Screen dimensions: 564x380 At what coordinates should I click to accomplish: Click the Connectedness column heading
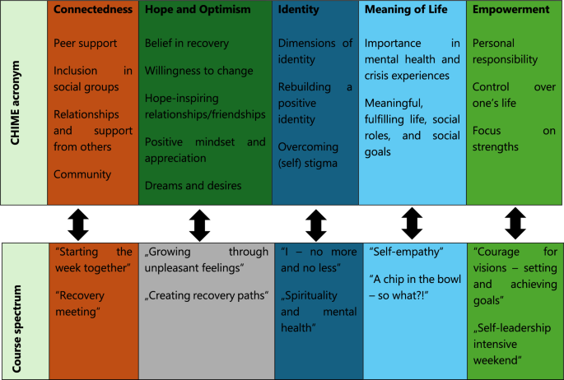point(93,9)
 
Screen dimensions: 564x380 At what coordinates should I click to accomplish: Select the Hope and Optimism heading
point(198,10)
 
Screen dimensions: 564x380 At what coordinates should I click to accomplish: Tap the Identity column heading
point(298,10)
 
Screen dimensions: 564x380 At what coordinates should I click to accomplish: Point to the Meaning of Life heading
point(406,9)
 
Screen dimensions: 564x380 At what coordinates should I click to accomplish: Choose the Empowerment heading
point(510,10)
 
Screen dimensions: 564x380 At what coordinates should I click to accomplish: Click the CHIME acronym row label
point(15,103)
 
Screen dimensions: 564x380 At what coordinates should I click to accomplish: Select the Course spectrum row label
point(16,329)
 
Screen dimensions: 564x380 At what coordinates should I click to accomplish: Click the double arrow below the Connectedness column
point(78,225)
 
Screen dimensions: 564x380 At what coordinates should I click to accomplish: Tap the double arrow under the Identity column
point(316,225)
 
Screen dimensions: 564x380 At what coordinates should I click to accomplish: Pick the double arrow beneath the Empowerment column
point(515,224)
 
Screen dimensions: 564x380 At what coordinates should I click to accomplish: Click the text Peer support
point(86,44)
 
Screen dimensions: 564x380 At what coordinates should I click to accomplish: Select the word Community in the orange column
point(82,174)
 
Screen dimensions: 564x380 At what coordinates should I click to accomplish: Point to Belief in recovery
point(187,43)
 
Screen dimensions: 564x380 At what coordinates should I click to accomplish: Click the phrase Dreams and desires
point(193,185)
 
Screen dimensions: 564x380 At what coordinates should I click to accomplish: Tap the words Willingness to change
point(199,71)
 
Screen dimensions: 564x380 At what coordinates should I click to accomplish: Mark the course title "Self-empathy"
point(407,252)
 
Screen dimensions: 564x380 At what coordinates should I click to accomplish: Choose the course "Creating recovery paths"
point(207,295)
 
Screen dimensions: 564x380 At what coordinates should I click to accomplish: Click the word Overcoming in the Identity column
point(308,147)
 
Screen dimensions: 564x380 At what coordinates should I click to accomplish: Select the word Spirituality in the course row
point(310,295)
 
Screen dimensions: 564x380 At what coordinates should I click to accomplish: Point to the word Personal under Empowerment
point(493,43)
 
